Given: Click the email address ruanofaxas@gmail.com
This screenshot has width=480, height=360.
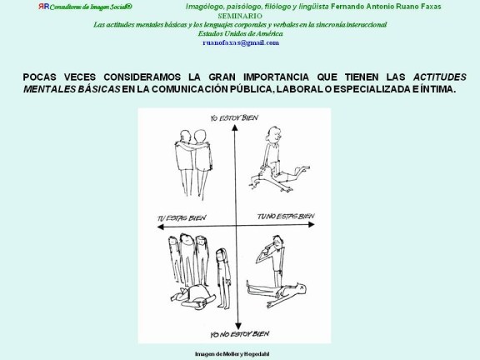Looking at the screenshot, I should click(x=239, y=41).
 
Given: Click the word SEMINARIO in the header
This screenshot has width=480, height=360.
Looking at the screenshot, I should click(x=239, y=16).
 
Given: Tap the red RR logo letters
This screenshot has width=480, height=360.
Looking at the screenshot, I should click(x=43, y=6).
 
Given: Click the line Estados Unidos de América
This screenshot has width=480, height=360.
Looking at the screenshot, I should click(x=239, y=32).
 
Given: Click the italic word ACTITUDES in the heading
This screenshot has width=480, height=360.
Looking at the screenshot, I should click(x=439, y=76).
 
